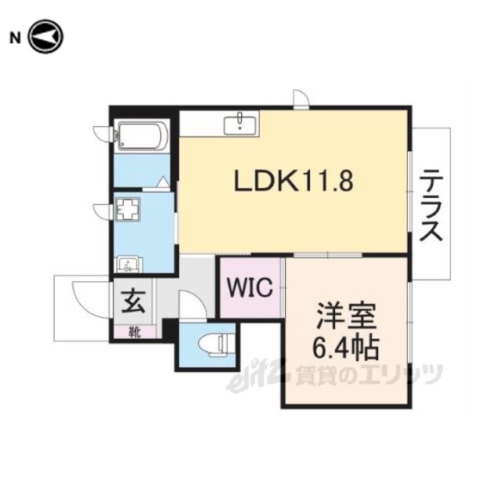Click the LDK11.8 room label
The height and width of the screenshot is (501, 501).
[294, 181]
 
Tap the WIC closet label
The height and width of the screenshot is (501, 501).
[250, 287]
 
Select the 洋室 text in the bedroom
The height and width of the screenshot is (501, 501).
[346, 316]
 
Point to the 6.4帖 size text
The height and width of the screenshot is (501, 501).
[345, 348]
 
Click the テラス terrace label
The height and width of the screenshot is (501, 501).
[431, 205]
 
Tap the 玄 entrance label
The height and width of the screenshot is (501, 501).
[134, 302]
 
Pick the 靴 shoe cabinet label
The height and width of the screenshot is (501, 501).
[135, 332]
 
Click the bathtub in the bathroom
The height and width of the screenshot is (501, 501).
[142, 135]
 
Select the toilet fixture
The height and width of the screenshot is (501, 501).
[217, 344]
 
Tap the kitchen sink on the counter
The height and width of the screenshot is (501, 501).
[240, 125]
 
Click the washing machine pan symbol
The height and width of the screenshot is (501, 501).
[128, 209]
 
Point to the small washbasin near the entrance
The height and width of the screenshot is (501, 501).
[128, 265]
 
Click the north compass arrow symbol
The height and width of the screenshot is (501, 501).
[45, 37]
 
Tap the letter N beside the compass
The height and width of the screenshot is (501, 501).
[15, 38]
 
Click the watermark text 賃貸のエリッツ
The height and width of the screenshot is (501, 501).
[369, 375]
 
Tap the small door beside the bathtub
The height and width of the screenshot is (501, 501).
[103, 133]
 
